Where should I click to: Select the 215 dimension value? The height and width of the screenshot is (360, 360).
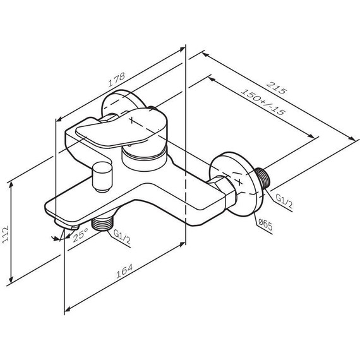point(276,90)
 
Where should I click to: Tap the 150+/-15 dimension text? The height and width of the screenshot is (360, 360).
point(263,103)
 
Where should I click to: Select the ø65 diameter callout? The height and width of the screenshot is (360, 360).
point(265,222)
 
